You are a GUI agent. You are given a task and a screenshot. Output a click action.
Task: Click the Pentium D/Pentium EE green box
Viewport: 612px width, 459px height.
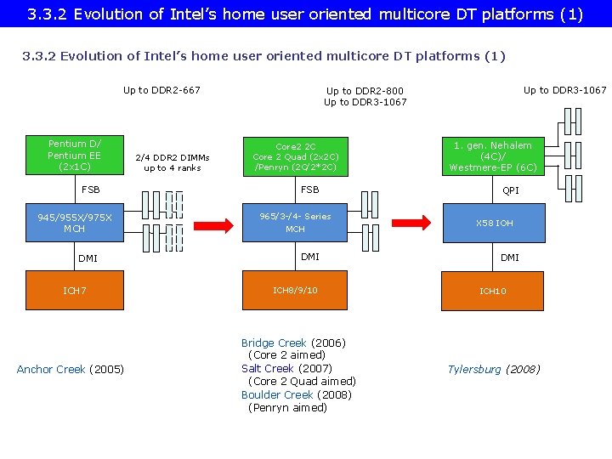74,155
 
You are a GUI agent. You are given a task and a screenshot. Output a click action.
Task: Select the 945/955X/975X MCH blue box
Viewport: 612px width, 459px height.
74,223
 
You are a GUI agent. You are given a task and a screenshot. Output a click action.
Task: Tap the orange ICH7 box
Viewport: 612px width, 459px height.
74,291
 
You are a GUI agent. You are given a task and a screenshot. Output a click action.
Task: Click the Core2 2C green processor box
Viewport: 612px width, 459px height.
295,156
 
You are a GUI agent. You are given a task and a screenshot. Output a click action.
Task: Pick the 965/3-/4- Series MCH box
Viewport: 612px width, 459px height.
295,223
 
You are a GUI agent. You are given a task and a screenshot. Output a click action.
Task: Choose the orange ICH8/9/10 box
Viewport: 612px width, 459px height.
295,291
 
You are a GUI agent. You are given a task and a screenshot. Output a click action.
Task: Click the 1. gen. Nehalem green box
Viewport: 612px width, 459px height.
493,156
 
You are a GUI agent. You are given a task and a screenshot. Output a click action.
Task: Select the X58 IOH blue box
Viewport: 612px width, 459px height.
493,224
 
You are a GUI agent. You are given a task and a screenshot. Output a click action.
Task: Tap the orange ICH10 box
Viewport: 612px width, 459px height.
493,291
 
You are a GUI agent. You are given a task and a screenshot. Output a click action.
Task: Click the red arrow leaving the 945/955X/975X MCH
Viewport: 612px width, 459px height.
211,224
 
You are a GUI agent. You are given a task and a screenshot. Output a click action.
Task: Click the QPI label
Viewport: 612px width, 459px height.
511,190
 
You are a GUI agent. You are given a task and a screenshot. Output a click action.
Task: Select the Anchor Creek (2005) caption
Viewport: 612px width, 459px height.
71,369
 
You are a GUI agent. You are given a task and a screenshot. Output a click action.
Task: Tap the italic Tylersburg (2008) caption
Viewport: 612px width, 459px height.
494,369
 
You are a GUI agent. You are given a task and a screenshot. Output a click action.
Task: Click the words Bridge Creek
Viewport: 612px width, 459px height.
273,343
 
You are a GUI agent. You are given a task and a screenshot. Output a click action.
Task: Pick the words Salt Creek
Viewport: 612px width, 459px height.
267,368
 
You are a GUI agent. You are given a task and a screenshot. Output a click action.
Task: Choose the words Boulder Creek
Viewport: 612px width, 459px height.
277,394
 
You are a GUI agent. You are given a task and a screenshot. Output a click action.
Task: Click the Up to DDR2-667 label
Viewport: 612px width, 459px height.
161,90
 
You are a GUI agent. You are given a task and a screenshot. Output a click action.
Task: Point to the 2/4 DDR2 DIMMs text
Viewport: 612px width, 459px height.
173,157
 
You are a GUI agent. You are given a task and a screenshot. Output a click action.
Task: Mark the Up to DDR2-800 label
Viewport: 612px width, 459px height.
365,91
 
